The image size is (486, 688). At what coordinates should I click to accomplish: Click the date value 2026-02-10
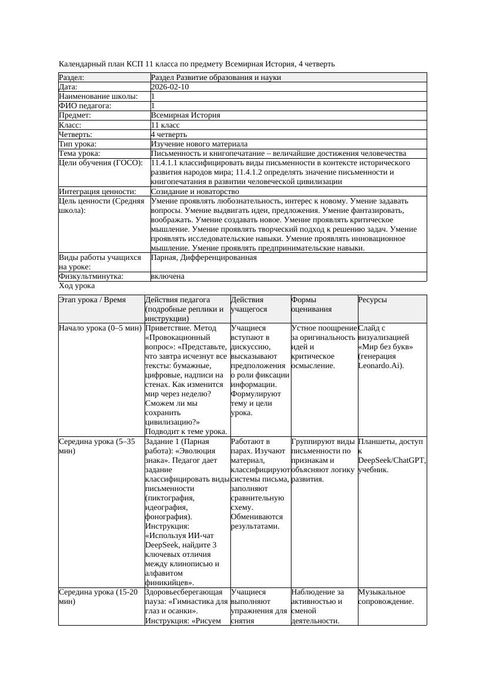[x=170, y=87]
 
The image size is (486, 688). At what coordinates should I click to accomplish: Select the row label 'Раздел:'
[x=72, y=78]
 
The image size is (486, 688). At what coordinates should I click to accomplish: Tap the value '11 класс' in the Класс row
[x=165, y=125]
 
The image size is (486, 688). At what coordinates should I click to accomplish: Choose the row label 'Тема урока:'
[x=79, y=153]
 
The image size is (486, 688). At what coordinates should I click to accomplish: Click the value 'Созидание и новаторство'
[x=195, y=192]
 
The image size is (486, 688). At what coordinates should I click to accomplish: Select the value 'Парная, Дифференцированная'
[x=203, y=258]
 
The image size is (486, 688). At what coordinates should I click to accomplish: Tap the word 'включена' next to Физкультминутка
[x=167, y=276]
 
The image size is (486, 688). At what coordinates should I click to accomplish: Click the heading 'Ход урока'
[x=77, y=286]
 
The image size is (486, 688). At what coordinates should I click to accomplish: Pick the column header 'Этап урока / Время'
[x=92, y=300]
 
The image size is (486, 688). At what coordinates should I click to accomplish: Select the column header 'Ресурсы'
[x=373, y=300]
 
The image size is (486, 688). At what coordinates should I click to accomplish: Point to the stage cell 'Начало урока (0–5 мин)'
[x=100, y=328]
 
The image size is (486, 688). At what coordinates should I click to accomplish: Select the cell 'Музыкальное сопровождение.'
[x=386, y=597]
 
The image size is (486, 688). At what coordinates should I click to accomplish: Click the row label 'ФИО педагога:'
[x=85, y=106]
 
